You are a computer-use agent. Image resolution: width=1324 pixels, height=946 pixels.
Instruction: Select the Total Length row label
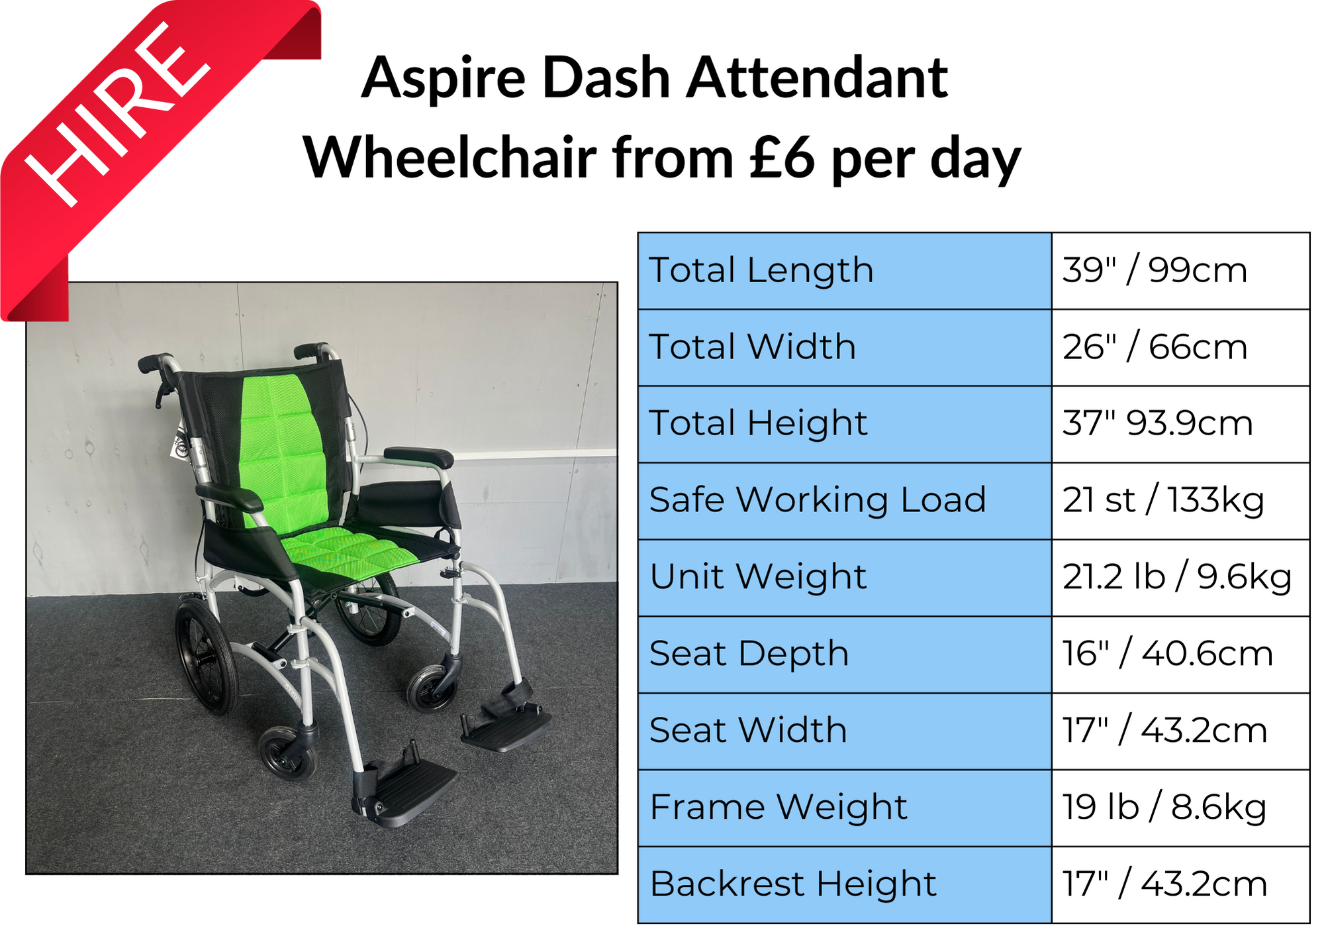pos(761,271)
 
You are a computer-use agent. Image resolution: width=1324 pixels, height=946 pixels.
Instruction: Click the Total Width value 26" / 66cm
pos(1155,347)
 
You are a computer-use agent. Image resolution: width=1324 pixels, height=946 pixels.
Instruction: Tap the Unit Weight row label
pos(758,576)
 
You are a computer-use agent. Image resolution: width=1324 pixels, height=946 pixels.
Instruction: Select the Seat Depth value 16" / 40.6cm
pos(1168,654)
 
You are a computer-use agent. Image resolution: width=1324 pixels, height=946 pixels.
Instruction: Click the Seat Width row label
pos(748,730)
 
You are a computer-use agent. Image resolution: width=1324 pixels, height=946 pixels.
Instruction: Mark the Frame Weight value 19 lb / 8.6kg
pos(1164,807)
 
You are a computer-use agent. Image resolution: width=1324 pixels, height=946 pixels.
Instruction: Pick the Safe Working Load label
pos(818,500)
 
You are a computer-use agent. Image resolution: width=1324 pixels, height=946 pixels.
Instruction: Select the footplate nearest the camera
pos(404,792)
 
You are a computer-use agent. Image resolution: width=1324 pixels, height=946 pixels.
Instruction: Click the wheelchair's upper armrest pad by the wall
pos(418,457)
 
